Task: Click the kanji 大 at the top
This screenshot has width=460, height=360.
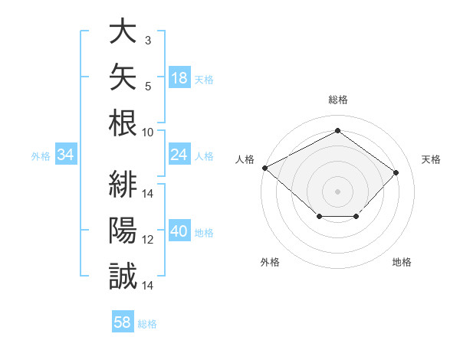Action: click(123, 30)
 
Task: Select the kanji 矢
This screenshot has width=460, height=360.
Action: click(123, 77)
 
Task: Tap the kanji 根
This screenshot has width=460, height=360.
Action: click(123, 123)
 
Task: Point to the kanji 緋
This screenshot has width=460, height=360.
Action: click(123, 184)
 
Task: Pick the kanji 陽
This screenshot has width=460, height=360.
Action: click(123, 230)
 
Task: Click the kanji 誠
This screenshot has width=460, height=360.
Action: click(123, 276)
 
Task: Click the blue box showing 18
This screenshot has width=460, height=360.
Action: click(179, 77)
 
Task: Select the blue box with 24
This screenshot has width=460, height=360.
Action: click(179, 154)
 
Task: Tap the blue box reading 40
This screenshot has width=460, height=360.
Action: click(179, 230)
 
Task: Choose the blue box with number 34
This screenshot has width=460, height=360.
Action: click(66, 154)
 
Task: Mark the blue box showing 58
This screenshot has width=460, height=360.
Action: click(123, 321)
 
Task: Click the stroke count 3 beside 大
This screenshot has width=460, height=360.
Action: click(148, 41)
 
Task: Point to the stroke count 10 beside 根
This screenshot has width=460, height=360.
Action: click(147, 133)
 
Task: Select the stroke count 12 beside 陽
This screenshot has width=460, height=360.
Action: click(147, 240)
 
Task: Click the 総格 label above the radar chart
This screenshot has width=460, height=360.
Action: click(338, 100)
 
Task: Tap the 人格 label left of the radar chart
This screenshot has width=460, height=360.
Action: click(245, 159)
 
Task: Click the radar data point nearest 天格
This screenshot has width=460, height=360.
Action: click(396, 172)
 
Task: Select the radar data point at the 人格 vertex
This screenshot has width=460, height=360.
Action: click(265, 168)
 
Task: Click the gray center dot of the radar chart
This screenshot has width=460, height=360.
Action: click(337, 191)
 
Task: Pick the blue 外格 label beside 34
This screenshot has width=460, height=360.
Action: click(41, 156)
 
